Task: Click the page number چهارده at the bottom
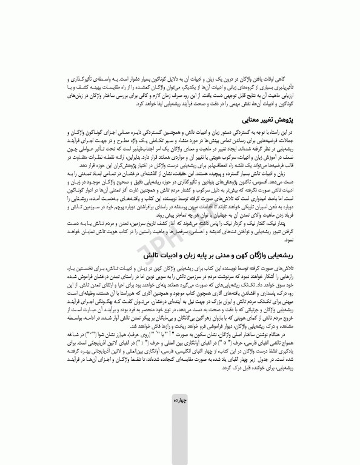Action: pos(179,434)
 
